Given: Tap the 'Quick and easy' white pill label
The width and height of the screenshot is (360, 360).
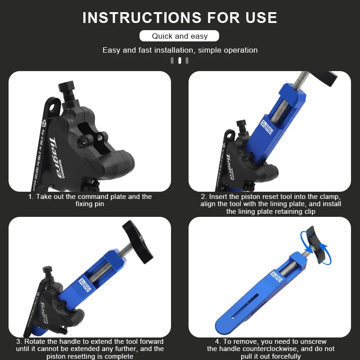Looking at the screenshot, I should (x=180, y=36).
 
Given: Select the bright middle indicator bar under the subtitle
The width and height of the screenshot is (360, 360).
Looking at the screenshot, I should (x=180, y=60).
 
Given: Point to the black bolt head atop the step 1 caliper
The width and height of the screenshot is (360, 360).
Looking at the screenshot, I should (x=67, y=86).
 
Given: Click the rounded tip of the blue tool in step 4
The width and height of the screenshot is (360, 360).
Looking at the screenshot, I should (x=222, y=322).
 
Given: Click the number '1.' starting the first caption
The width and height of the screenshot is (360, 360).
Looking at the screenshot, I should (x=31, y=197).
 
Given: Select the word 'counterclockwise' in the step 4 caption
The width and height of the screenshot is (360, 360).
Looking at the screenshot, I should (x=274, y=349).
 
